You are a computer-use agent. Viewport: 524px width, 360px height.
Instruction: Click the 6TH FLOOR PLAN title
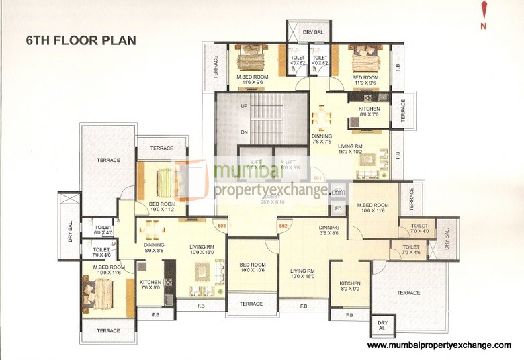click(81, 40)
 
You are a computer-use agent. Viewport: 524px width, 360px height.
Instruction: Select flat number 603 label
click(220, 226)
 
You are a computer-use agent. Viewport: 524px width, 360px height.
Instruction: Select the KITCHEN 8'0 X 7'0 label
click(369, 112)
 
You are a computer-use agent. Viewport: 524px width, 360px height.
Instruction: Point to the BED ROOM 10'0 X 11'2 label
click(161, 207)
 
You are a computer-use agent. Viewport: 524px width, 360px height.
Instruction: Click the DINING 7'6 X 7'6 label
click(322, 139)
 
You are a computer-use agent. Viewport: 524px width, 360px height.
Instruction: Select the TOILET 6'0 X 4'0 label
click(103, 230)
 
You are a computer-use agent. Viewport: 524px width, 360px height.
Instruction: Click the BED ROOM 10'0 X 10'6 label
click(253, 267)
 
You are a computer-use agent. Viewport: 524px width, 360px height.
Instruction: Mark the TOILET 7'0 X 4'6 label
click(410, 250)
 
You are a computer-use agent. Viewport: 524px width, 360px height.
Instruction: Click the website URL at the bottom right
click(439, 345)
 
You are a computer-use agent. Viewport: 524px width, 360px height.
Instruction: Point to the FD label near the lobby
click(339, 208)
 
